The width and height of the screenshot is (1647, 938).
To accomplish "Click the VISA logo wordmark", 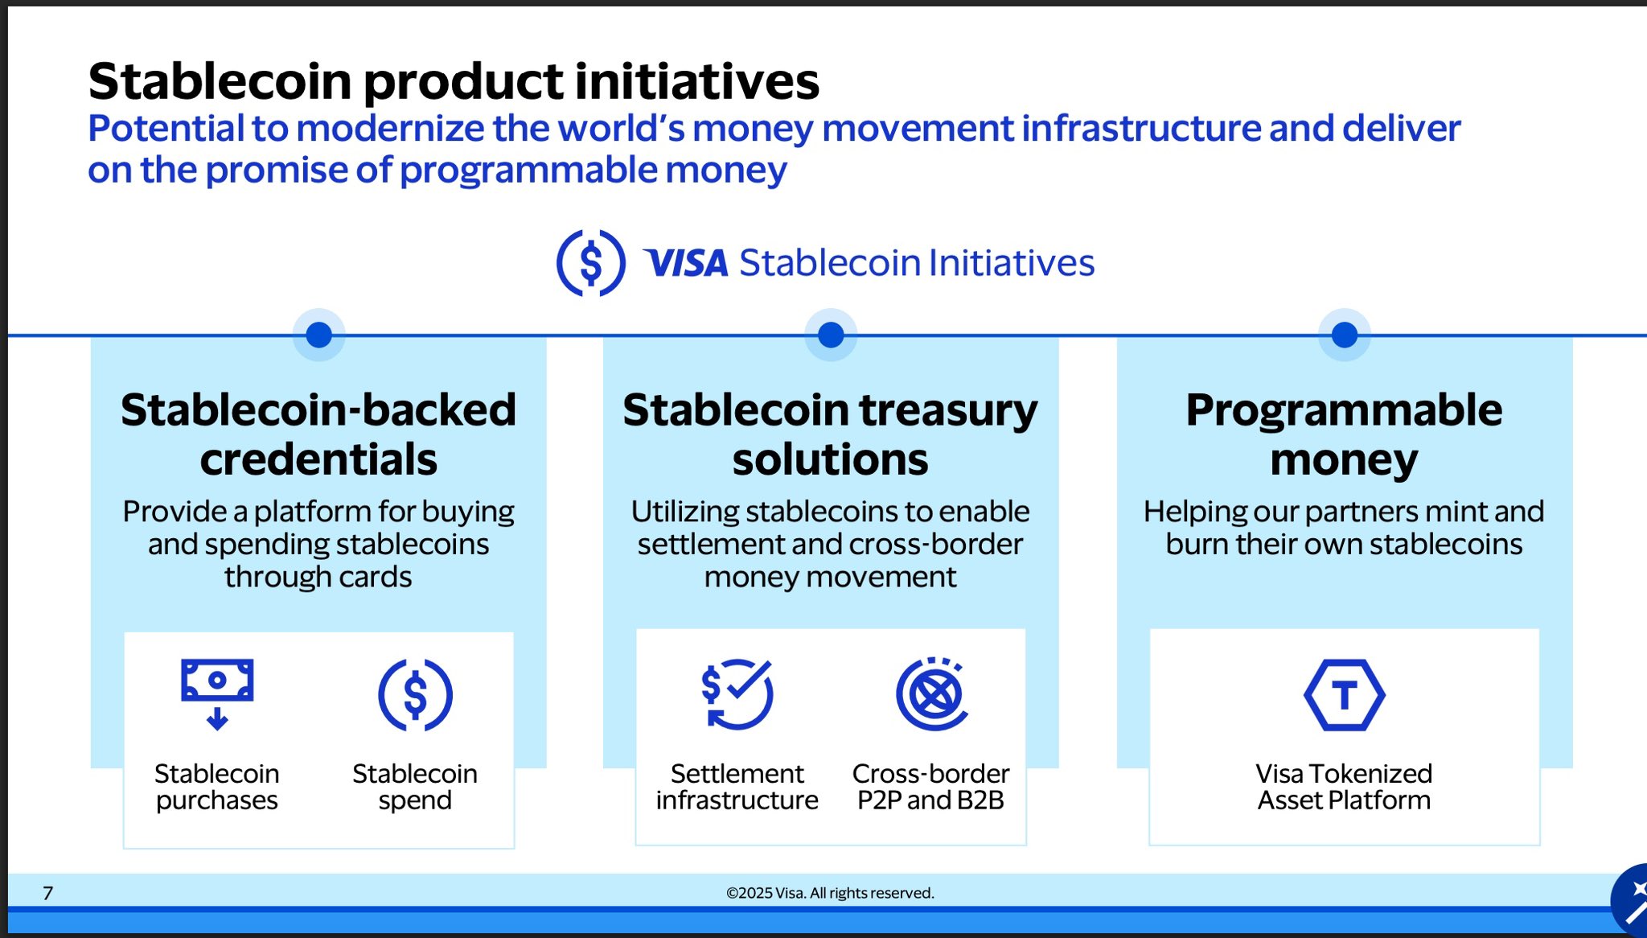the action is click(x=686, y=263).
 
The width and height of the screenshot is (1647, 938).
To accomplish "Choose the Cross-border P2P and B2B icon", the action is click(x=931, y=693).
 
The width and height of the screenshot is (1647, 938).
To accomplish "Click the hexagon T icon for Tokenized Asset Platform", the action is click(x=1345, y=695).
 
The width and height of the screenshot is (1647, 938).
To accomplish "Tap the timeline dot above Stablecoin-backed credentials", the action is click(x=319, y=335).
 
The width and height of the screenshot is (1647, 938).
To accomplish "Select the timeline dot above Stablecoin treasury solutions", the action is click(x=831, y=335).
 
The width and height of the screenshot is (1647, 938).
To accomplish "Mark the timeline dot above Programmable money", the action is click(x=1345, y=335).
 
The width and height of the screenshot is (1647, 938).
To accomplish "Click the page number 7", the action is click(x=48, y=893).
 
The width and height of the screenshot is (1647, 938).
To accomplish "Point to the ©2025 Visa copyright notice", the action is click(x=830, y=893).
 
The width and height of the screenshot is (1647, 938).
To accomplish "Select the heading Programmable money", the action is click(x=1345, y=434).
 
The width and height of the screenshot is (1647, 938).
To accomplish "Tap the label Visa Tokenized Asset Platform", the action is click(x=1345, y=787).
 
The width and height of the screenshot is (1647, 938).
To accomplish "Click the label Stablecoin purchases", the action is click(x=217, y=787).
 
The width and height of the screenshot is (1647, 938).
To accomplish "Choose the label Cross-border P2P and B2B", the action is click(x=931, y=787).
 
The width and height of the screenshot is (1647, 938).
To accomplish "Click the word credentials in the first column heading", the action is click(x=318, y=459).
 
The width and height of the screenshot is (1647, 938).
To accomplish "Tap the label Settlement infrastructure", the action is click(x=737, y=787).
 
